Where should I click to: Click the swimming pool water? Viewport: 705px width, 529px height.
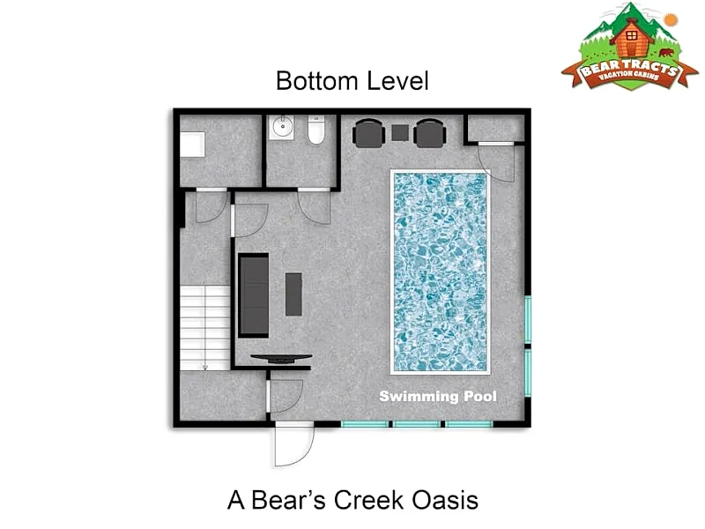click(x=440, y=272)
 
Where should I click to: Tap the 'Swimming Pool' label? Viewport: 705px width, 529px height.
click(x=438, y=396)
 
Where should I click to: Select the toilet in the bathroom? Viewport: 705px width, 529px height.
click(x=316, y=130)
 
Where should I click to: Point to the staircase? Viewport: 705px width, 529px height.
click(x=205, y=328)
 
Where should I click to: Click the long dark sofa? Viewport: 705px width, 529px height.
click(x=254, y=295)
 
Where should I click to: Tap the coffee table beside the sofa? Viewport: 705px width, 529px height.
click(x=293, y=294)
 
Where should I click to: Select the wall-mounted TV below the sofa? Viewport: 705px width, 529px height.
click(x=281, y=359)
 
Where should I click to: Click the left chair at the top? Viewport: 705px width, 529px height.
click(x=368, y=133)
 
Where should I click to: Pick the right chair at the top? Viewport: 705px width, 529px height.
click(x=430, y=133)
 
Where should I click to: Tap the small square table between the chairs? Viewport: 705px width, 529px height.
click(x=400, y=133)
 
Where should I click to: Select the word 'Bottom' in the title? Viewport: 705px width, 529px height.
click(x=317, y=81)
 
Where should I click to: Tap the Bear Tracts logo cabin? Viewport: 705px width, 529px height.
click(x=631, y=38)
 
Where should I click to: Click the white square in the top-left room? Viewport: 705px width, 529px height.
click(x=193, y=145)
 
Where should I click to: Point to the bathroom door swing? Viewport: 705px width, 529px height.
click(x=315, y=207)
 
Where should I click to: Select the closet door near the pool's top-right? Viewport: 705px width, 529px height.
click(x=496, y=162)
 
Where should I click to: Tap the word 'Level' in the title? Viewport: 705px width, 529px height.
click(x=397, y=81)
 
